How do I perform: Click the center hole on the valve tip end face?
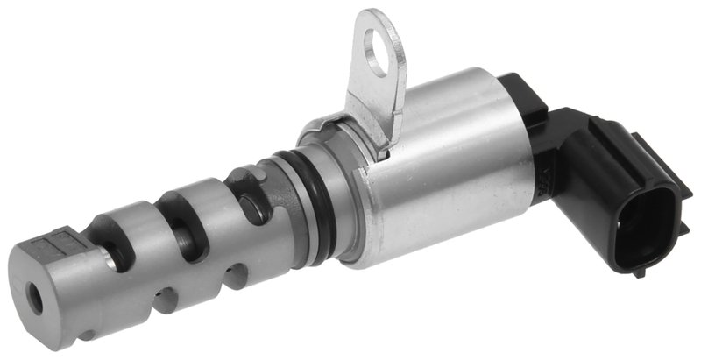[35, 298]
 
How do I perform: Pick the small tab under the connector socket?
[640, 272]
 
